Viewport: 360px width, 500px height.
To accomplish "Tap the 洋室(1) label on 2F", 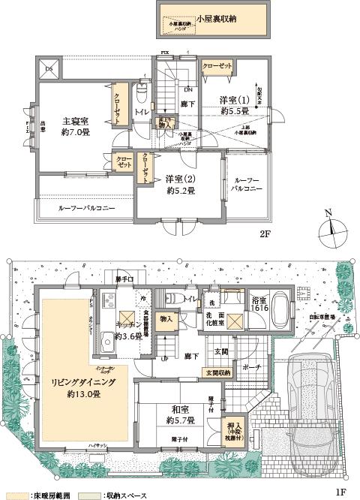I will [234, 100].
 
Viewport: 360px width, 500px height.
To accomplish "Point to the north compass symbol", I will [330, 225].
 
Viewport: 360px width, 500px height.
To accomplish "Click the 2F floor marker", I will [264, 234].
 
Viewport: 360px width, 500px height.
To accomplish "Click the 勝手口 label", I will [124, 281].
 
